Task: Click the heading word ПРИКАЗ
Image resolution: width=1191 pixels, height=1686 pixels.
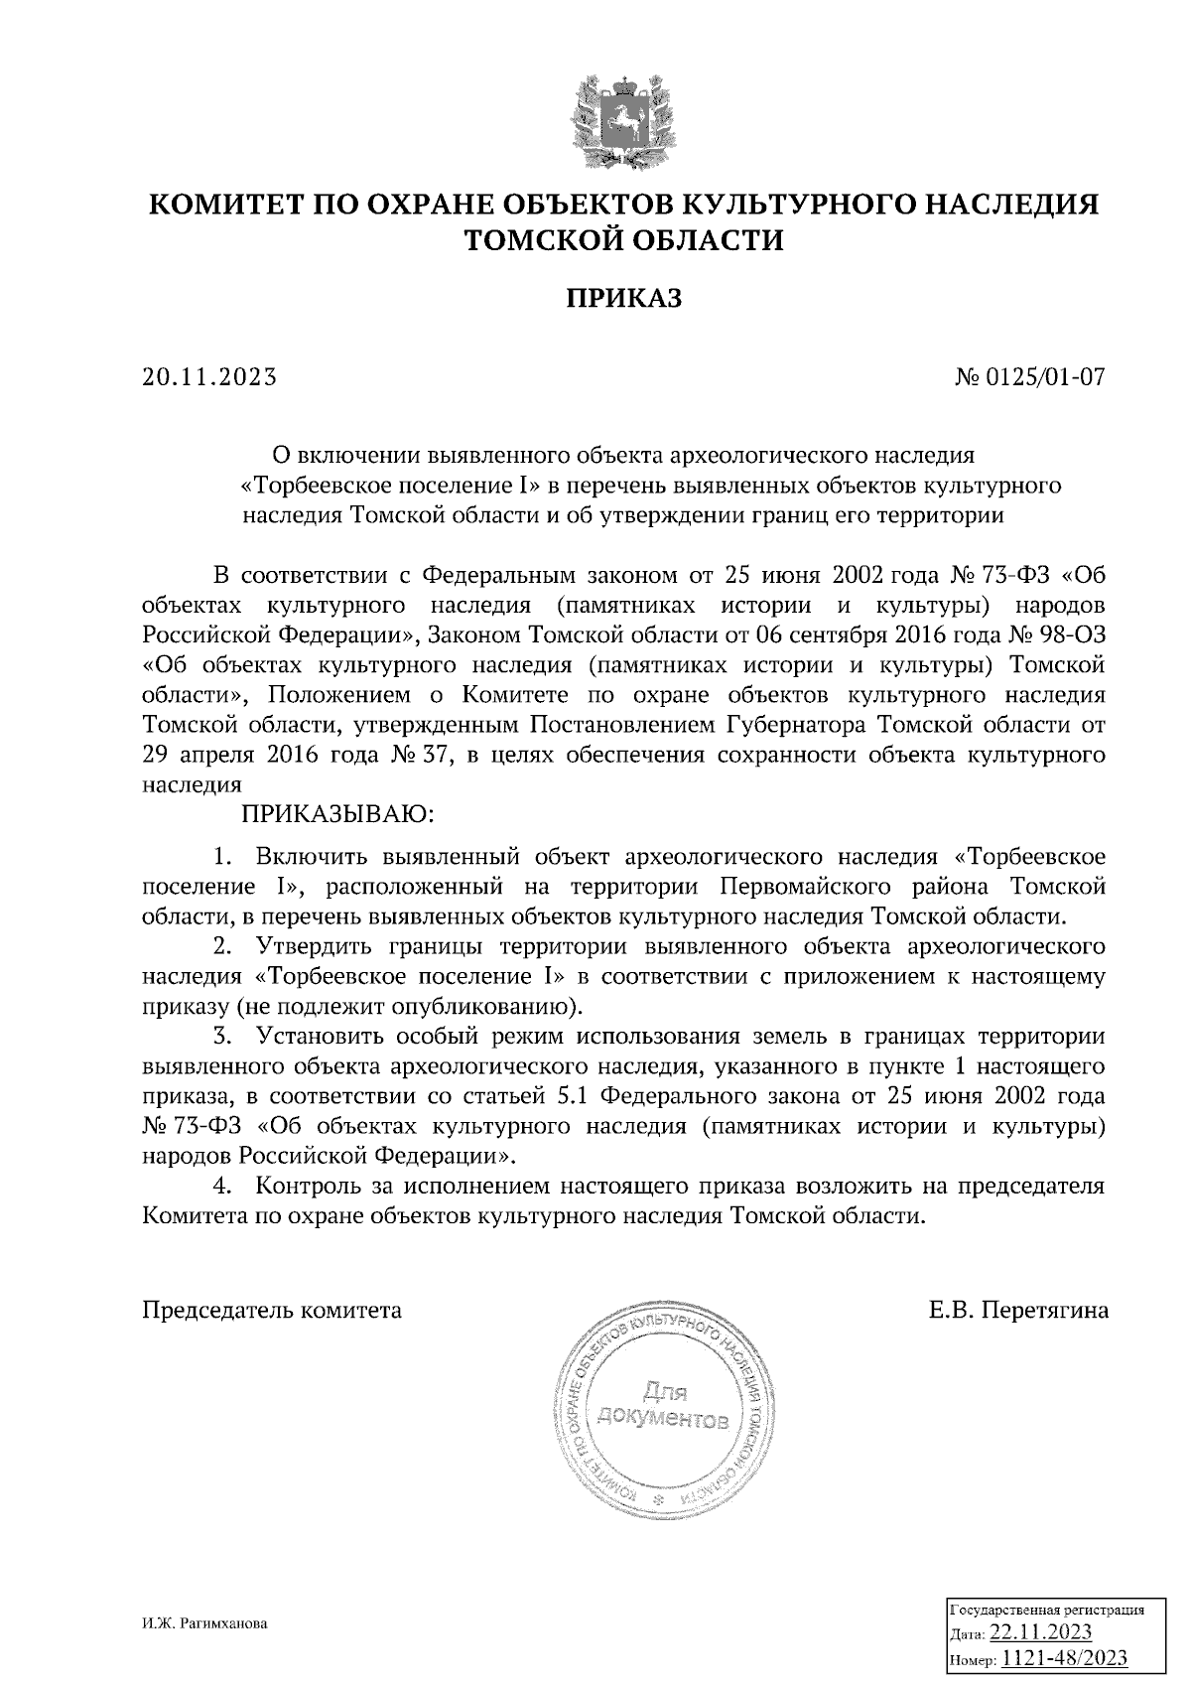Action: click(623, 297)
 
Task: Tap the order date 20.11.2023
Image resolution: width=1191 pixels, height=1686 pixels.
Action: click(209, 377)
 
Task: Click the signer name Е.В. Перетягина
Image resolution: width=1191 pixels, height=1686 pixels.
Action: click(1018, 1310)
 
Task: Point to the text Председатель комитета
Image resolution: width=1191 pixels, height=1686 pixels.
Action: click(273, 1310)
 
